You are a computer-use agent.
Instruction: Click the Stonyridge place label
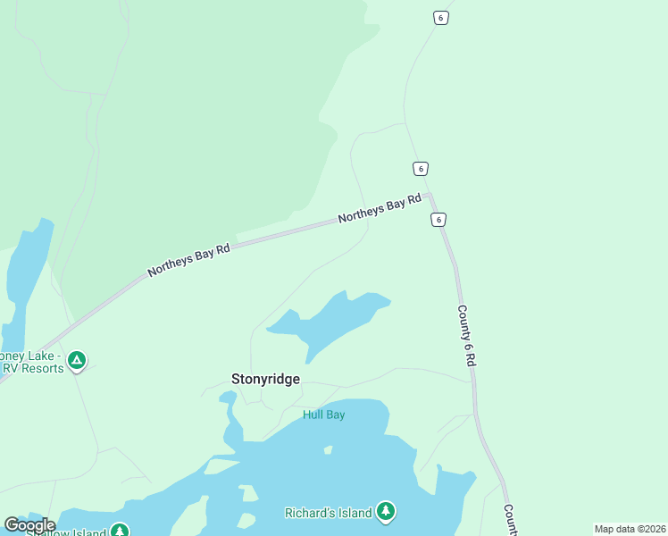pyautogui.click(x=265, y=379)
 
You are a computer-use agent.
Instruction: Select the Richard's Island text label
pyautogui.click(x=328, y=513)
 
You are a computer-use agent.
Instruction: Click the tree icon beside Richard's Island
pyautogui.click(x=386, y=511)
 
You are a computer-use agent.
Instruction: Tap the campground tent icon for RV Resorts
pyautogui.click(x=77, y=361)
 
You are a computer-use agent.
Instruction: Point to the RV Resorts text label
pyautogui.click(x=33, y=367)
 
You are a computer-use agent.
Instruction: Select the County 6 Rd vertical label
pyautogui.click(x=466, y=335)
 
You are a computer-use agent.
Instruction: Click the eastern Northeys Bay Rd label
pyautogui.click(x=380, y=209)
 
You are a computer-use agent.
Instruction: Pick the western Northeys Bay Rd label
pyautogui.click(x=189, y=259)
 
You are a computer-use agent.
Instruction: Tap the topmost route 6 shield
pyautogui.click(x=440, y=18)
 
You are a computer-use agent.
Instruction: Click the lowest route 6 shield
pyautogui.click(x=437, y=219)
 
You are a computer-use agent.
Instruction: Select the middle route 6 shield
pyautogui.click(x=421, y=168)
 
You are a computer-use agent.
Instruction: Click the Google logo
pyautogui.click(x=29, y=525)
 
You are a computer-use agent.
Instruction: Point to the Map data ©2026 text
pyautogui.click(x=630, y=529)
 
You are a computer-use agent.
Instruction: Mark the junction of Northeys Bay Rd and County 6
pyautogui.click(x=430, y=194)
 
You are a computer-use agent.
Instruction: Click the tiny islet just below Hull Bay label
pyautogui.click(x=328, y=449)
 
